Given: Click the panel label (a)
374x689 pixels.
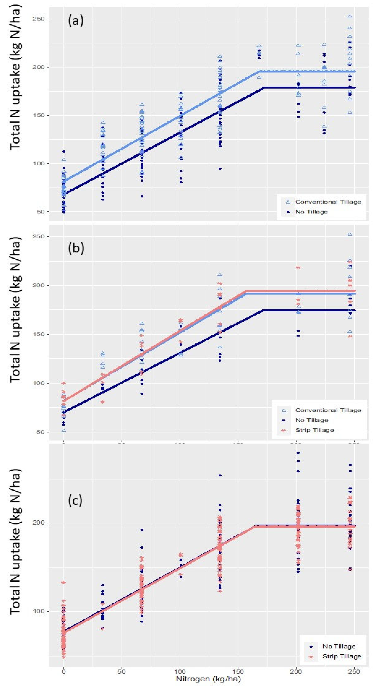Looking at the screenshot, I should tap(76, 21).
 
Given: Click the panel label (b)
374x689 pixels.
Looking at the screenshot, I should tap(76, 248).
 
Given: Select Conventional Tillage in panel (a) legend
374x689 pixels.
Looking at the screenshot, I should tap(328, 202).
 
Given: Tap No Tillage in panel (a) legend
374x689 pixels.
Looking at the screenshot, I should tap(311, 212).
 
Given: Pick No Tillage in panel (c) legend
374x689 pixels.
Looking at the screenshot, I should tap(339, 646).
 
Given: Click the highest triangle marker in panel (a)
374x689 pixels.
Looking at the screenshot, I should tap(349, 16).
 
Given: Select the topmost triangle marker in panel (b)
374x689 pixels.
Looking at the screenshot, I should tap(349, 235).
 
